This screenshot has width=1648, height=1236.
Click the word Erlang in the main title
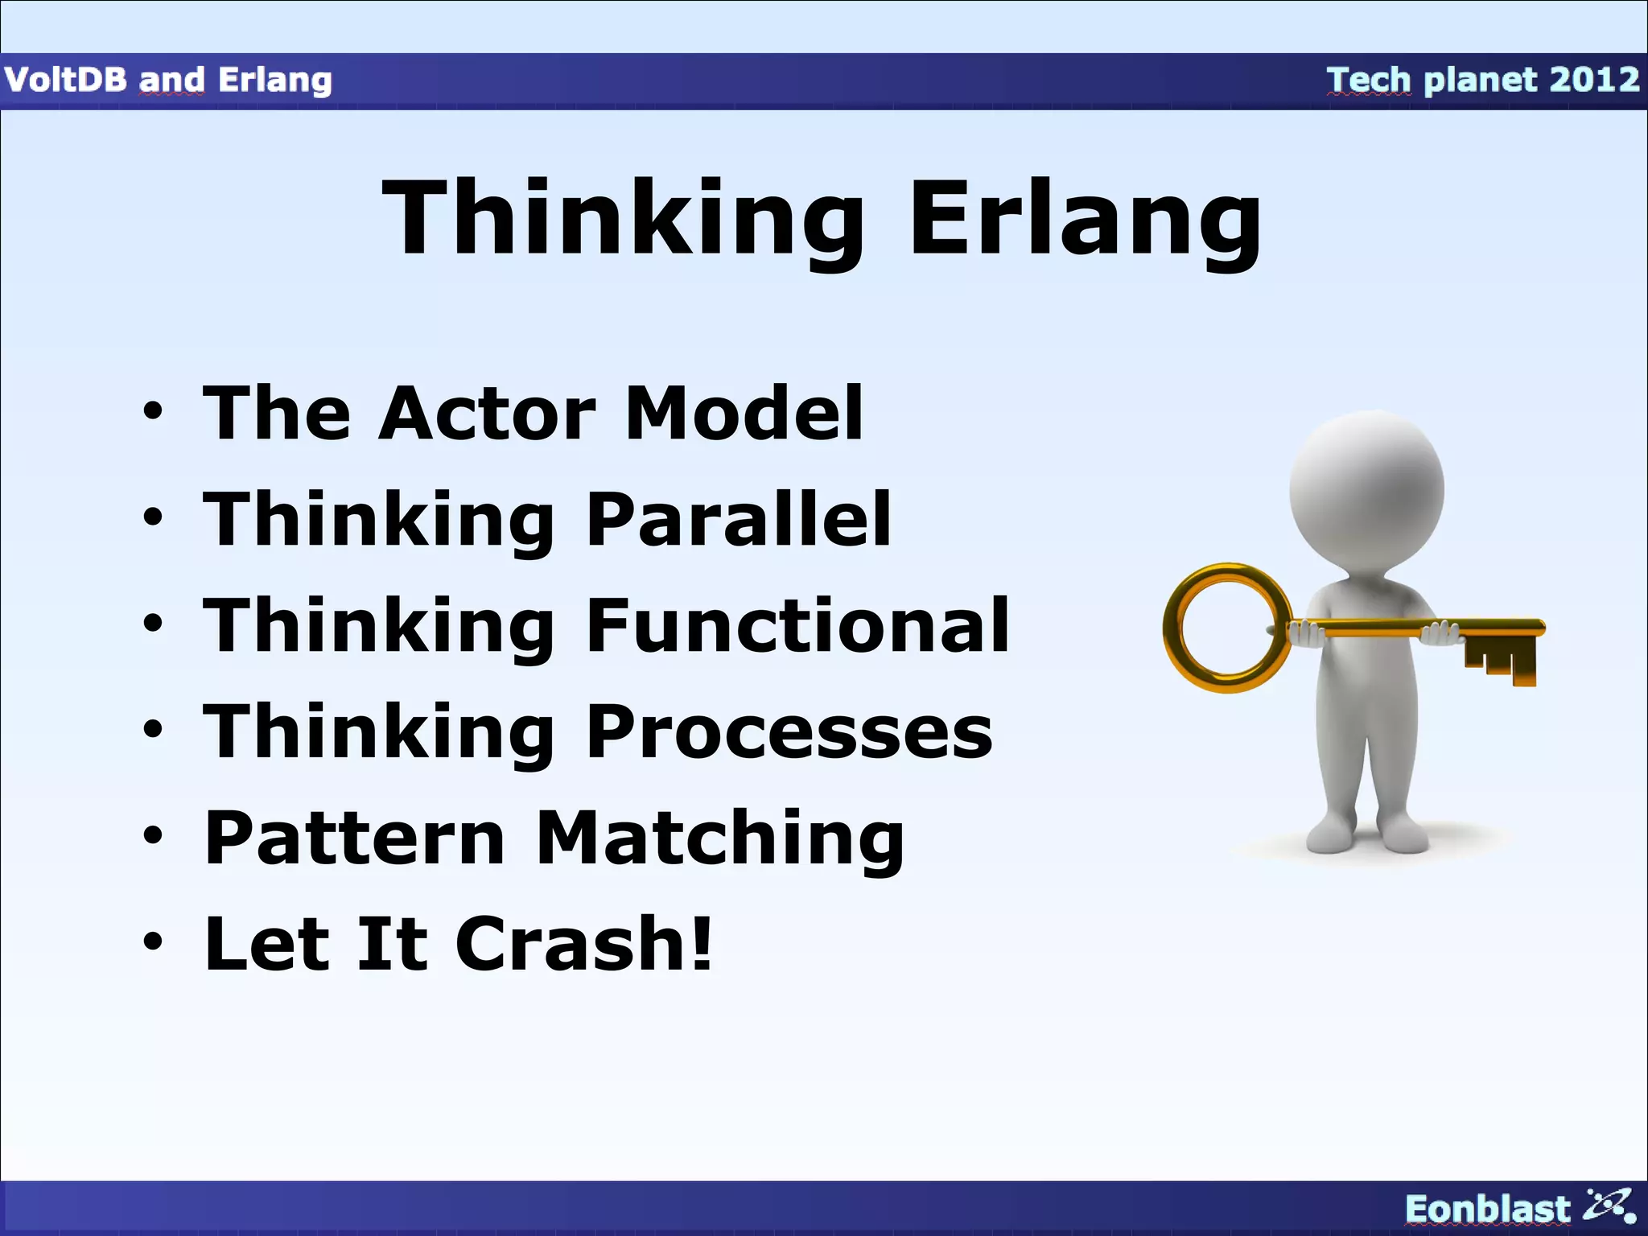tap(1085, 219)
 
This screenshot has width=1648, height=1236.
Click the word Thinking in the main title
tap(624, 219)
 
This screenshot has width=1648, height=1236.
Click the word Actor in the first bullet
tap(487, 414)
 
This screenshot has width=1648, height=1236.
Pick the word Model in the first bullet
tap(744, 414)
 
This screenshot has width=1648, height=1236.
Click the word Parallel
tap(739, 520)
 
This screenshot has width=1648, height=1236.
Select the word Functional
tap(797, 626)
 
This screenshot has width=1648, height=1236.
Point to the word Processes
tap(789, 732)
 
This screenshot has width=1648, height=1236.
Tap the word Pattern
tap(355, 838)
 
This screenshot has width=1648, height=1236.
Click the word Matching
tap(720, 838)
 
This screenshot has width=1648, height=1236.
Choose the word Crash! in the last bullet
tap(584, 945)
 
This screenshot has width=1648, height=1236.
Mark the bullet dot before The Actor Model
tap(153, 412)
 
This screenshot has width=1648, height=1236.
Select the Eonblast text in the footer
tap(1487, 1209)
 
